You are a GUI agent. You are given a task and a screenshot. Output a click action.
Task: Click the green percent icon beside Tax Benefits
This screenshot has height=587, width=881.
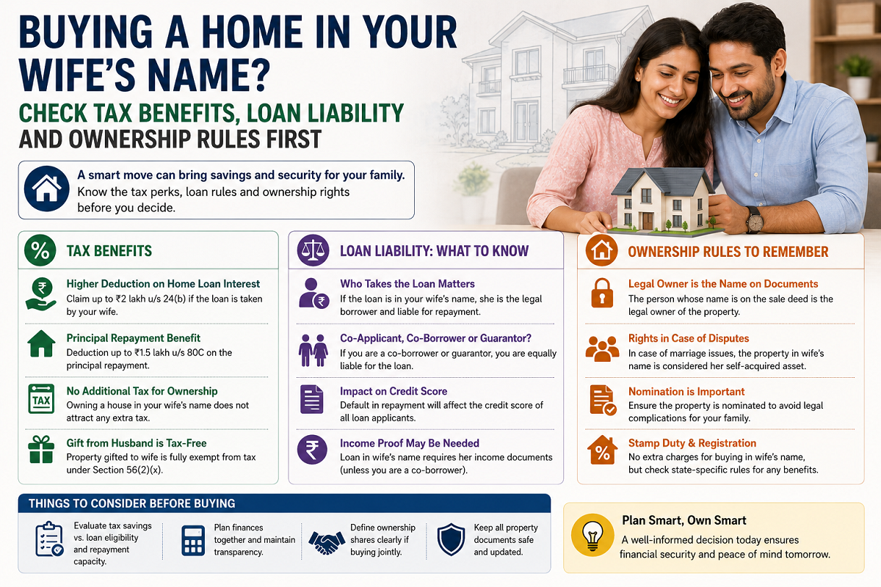[40, 250]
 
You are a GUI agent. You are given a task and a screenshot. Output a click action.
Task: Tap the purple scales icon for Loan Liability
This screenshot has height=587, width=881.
[313, 250]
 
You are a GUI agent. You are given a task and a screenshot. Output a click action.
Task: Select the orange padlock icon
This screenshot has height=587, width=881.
[602, 293]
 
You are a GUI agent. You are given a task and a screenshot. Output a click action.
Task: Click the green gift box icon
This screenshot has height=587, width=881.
[41, 449]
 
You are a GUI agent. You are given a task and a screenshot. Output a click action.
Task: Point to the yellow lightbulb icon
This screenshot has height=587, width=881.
[592, 535]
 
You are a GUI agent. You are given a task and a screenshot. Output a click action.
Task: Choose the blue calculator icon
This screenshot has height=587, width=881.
[193, 540]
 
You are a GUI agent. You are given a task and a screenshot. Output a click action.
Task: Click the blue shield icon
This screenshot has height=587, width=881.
[451, 539]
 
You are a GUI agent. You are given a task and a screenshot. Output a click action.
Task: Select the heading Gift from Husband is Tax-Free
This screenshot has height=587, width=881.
[137, 443]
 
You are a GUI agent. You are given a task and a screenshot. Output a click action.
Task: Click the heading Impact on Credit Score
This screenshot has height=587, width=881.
[394, 391]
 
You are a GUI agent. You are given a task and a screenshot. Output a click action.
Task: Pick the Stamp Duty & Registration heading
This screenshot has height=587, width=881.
[692, 443]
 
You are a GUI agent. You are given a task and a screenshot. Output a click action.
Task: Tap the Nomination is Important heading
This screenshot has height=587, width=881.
[686, 392]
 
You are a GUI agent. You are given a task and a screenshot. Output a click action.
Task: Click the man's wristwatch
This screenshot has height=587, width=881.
[755, 219]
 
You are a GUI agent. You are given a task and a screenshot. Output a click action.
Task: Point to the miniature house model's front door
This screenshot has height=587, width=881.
[648, 221]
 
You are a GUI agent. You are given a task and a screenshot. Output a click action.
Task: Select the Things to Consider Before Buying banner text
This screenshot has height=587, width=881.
[131, 503]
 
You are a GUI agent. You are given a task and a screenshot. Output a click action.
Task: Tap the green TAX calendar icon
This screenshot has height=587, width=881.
[41, 399]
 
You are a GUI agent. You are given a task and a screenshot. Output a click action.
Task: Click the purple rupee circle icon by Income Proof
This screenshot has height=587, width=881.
[312, 450]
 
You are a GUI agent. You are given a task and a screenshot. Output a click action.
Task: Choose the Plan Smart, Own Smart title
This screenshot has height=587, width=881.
[684, 520]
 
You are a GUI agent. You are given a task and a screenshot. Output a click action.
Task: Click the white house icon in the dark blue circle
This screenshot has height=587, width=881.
[47, 189]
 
